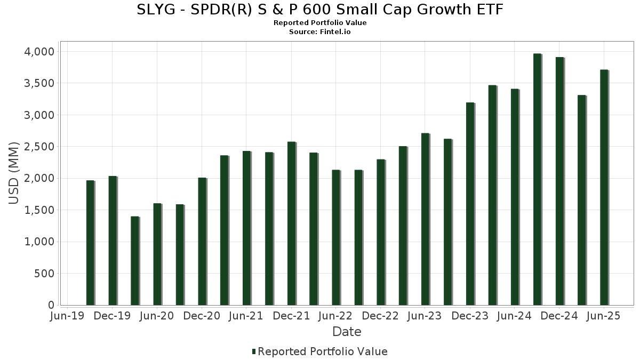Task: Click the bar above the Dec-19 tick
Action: pyautogui.click(x=113, y=241)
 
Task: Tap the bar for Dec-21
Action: pyautogui.click(x=292, y=223)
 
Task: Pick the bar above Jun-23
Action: pyautogui.click(x=426, y=219)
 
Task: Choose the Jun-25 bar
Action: pyautogui.click(x=604, y=187)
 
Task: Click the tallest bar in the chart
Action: pyautogui.click(x=537, y=179)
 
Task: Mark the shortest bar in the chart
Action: pyautogui.click(x=135, y=261)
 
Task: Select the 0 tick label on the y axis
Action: pyautogui.click(x=51, y=305)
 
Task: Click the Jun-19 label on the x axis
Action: pyautogui.click(x=66, y=316)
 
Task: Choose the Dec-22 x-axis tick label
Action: pyautogui.click(x=381, y=316)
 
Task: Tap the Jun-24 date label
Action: pyautogui.click(x=515, y=316)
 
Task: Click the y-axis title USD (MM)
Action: pyautogui.click(x=14, y=173)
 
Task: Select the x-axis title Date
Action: pyautogui.click(x=347, y=332)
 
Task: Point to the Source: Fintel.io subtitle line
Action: pyautogui.click(x=320, y=32)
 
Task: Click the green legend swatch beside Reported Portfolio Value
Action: pyautogui.click(x=254, y=351)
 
